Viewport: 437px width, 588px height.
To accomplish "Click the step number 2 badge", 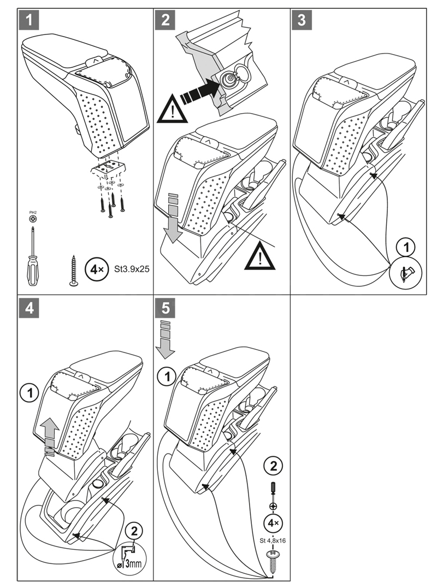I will tap(164, 20).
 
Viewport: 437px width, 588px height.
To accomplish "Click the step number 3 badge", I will tap(301, 20).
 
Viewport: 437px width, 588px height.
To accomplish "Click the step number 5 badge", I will tap(164, 308).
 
